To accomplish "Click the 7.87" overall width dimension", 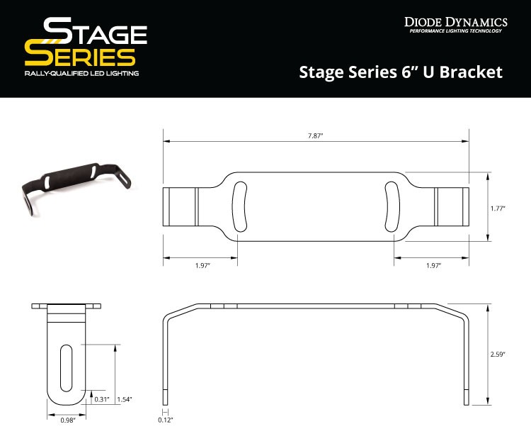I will pos(316,135).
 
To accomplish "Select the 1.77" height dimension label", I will pos(499,208).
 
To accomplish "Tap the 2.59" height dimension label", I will pos(499,355).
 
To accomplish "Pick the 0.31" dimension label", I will pos(101,399).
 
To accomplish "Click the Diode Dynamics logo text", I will pos(455,21).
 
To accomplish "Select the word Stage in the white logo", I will pos(95,33).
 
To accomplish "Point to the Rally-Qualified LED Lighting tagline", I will pos(81,73).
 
